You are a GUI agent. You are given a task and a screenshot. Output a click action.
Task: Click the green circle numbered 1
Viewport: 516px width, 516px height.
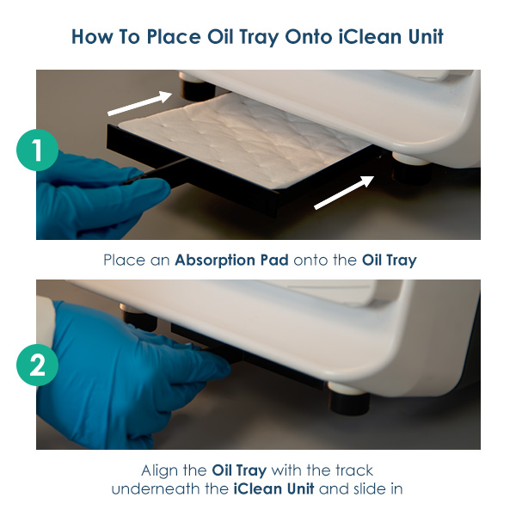(x=38, y=150)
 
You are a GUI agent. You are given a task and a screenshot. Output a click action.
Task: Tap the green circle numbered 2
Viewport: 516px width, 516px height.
(x=38, y=365)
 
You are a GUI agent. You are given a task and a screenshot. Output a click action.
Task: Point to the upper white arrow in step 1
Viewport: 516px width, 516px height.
(x=140, y=103)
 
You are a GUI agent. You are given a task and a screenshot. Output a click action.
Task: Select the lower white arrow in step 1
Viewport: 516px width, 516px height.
(x=344, y=193)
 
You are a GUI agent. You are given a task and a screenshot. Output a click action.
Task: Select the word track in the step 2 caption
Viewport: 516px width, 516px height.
(x=354, y=470)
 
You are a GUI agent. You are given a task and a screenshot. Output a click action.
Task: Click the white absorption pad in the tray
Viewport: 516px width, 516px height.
(x=243, y=140)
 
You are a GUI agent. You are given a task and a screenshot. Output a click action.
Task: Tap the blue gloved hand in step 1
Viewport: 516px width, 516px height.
(x=95, y=198)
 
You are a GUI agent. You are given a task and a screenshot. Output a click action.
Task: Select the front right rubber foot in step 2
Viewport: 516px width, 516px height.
(x=349, y=397)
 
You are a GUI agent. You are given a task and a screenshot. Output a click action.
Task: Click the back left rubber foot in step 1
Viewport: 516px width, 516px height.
(x=196, y=87)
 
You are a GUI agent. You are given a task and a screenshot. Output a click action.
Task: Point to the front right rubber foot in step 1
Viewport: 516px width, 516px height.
(x=411, y=169)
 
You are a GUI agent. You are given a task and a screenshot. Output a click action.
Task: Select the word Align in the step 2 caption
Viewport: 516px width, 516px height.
(x=160, y=471)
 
